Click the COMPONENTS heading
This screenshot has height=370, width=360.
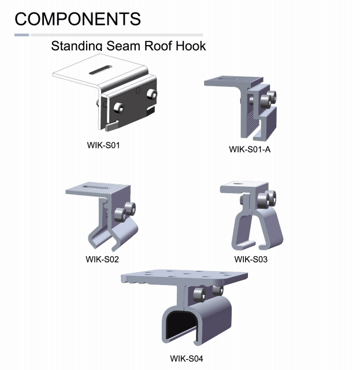[x=77, y=18]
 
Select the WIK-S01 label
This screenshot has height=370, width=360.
[x=103, y=144]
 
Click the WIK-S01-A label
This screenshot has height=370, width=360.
[x=250, y=149]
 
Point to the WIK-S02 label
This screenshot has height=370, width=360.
[x=102, y=258]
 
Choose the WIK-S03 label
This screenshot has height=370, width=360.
[x=251, y=258]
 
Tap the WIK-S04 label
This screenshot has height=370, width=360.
[x=187, y=358]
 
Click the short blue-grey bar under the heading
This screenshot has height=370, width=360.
[x=22, y=35]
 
